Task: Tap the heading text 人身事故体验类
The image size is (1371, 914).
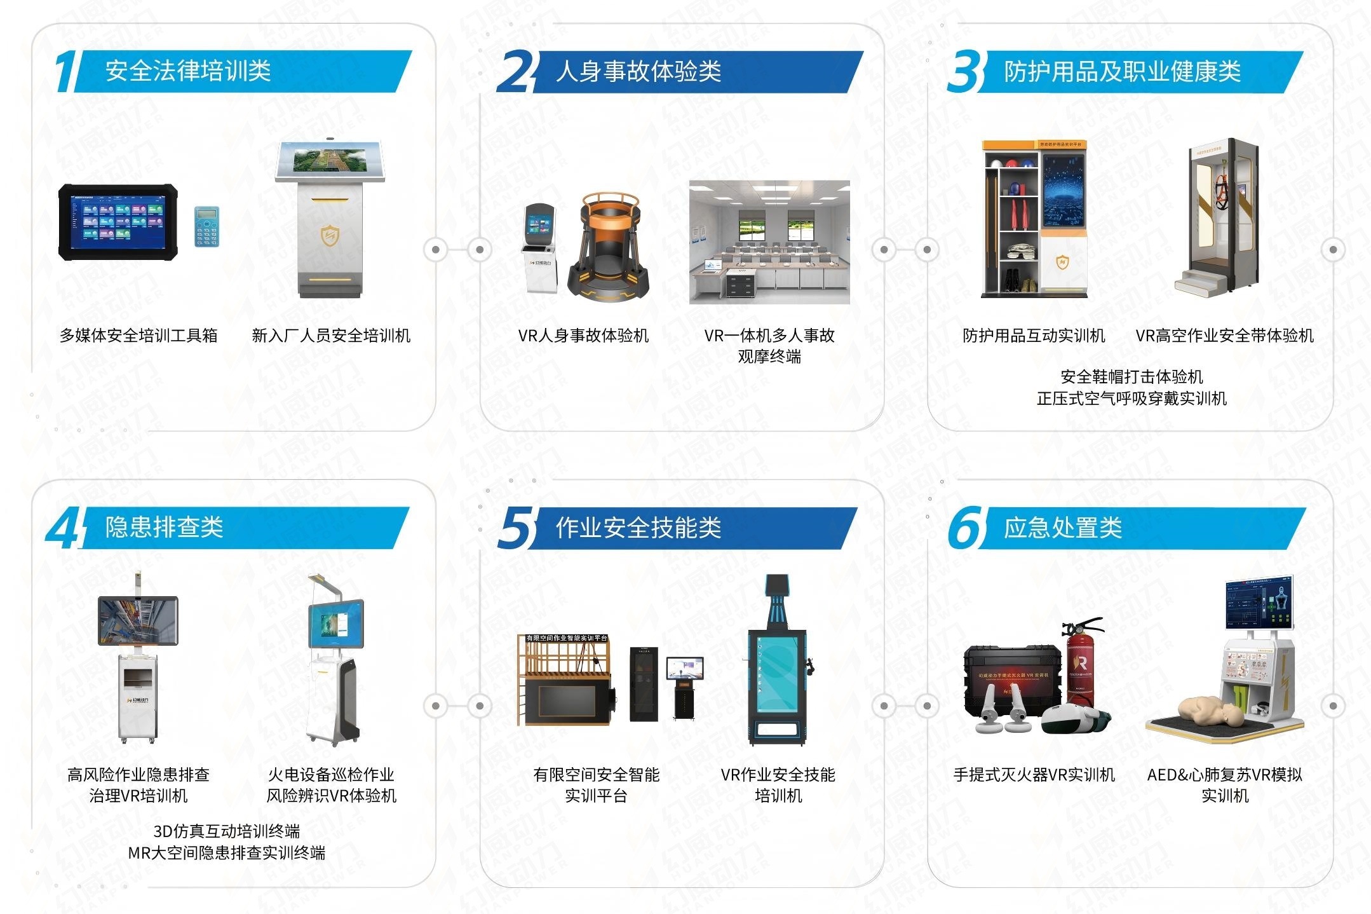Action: click(638, 71)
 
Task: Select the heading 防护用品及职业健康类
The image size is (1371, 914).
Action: click(1122, 71)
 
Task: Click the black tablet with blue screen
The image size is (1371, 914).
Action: click(118, 222)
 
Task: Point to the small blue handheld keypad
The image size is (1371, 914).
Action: click(206, 226)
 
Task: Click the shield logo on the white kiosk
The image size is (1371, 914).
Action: click(330, 236)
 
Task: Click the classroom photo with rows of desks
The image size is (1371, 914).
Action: click(769, 242)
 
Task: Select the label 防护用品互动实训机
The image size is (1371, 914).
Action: click(1034, 336)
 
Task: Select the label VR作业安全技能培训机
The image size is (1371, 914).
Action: click(778, 784)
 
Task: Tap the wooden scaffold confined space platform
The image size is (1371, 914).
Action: click(565, 680)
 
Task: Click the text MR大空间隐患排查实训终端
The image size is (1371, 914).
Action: click(227, 853)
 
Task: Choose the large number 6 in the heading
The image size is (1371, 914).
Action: click(965, 528)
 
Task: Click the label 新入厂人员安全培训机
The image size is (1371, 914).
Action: click(331, 336)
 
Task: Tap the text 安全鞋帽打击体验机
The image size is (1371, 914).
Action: click(1131, 377)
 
